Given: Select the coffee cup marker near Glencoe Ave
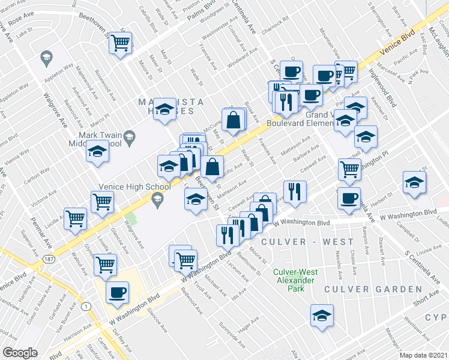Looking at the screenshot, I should point(117,293).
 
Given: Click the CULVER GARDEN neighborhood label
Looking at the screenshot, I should point(373,289).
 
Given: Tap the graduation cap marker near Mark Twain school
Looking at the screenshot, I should point(97,152).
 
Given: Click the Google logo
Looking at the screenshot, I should point(20,353).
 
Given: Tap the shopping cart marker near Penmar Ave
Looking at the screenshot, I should point(75,218).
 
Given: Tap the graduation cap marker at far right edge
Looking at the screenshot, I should point(414,182).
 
